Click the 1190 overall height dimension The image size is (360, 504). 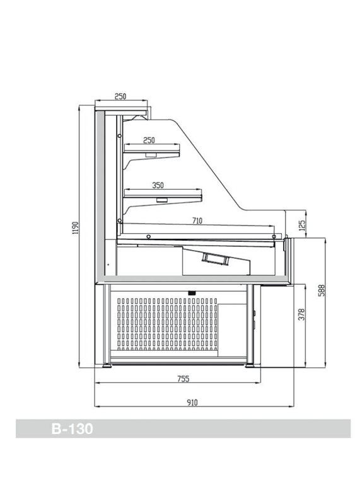tap(76, 228)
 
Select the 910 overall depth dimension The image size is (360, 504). tap(192, 403)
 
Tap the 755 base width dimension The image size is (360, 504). tap(183, 379)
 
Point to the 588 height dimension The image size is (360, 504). tap(322, 290)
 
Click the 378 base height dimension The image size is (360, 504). tap(301, 314)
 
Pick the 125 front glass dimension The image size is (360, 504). tap(302, 226)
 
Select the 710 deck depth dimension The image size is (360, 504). tap(197, 221)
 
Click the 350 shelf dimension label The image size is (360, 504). tap(158, 185)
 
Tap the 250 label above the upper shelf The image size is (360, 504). tap(149, 140)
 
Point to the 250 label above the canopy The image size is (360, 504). tap(120, 96)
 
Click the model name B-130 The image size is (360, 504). tap(72, 429)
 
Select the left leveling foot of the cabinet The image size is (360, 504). tap(107, 365)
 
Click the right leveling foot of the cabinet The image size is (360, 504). tap(250, 365)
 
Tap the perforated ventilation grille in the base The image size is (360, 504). tap(167, 324)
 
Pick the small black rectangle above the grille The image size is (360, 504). tap(192, 292)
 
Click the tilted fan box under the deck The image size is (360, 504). tap(215, 259)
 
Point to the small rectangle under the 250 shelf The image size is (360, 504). tap(151, 155)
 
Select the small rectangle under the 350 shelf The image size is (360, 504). tap(162, 200)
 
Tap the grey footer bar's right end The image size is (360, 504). tap(350, 428)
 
